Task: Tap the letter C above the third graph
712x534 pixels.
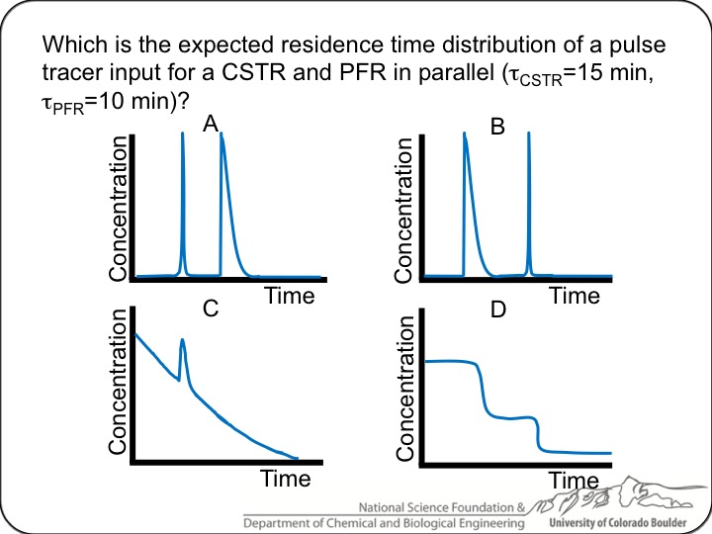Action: coord(210,309)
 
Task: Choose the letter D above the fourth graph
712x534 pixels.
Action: coord(498,311)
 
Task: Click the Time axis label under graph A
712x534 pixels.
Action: coord(289,296)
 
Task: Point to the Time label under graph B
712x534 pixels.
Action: coord(575,296)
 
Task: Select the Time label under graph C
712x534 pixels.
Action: coord(285,480)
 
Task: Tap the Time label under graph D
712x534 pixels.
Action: coord(574,482)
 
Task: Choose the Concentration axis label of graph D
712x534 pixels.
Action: coord(403,388)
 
